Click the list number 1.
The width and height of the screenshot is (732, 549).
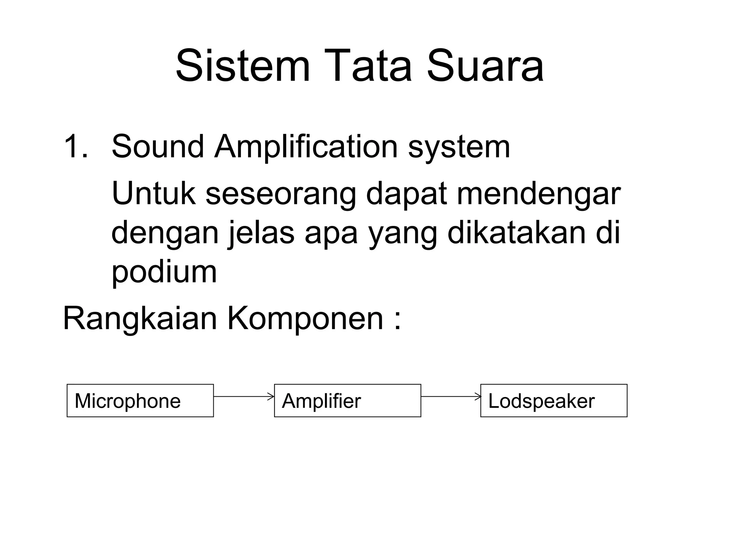(75, 147)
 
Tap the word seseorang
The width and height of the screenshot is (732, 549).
(281, 195)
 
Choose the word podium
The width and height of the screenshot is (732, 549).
(164, 272)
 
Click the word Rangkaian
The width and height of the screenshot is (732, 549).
(140, 319)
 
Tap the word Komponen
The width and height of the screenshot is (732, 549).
(305, 319)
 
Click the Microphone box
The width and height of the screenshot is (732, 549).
(140, 401)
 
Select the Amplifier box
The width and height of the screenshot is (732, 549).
(347, 401)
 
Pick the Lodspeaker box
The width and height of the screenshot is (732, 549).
(554, 401)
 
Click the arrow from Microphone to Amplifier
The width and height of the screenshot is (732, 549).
(244, 396)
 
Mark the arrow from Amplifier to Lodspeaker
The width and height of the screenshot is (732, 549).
(451, 396)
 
